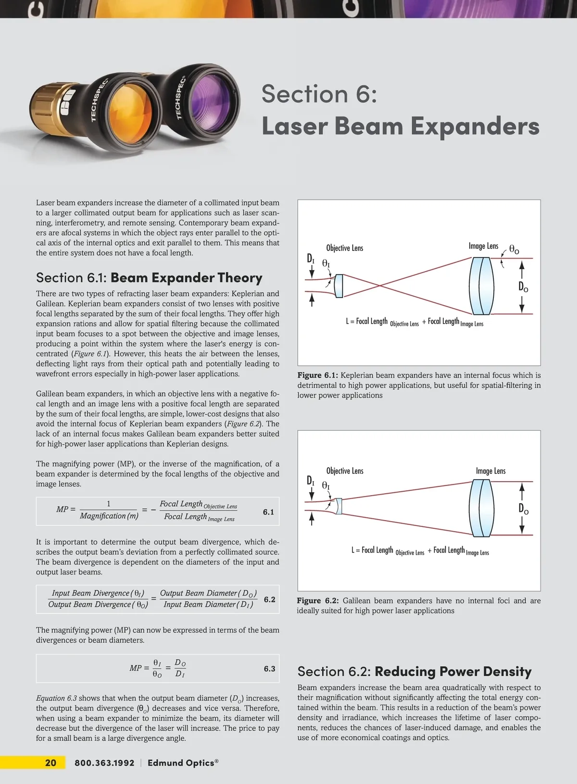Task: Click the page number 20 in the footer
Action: pyautogui.click(x=50, y=762)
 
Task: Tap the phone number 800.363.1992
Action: pyautogui.click(x=104, y=763)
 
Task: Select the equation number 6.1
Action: pyautogui.click(x=268, y=512)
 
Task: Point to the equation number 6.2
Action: pyautogui.click(x=269, y=599)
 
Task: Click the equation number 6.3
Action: pyautogui.click(x=269, y=669)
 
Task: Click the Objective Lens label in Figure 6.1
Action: pyautogui.click(x=344, y=248)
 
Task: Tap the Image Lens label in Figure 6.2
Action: pyautogui.click(x=490, y=471)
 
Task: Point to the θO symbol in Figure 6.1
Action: pyautogui.click(x=514, y=250)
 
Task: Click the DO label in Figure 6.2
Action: pyautogui.click(x=523, y=509)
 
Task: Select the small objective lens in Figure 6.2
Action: pyautogui.click(x=339, y=506)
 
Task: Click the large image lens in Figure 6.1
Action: pyautogui.click(x=481, y=286)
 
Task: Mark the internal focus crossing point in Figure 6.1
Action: pyautogui.click(x=379, y=286)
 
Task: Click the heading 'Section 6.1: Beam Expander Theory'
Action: pyautogui.click(x=149, y=278)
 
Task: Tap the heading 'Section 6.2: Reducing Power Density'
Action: pyautogui.click(x=414, y=672)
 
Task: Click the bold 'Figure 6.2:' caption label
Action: pyautogui.click(x=317, y=601)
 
